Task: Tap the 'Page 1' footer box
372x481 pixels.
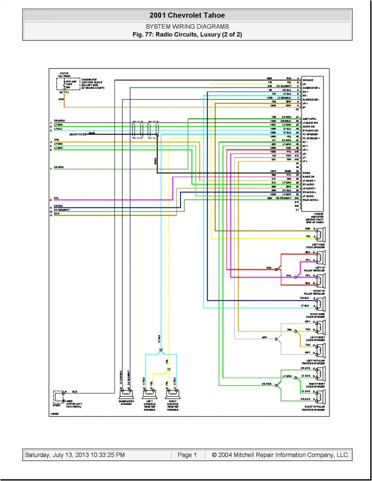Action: pos(187,455)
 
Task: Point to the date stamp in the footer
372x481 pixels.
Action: pos(74,455)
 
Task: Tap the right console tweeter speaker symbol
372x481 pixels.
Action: pos(172,395)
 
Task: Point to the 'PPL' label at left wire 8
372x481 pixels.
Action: pos(56,199)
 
